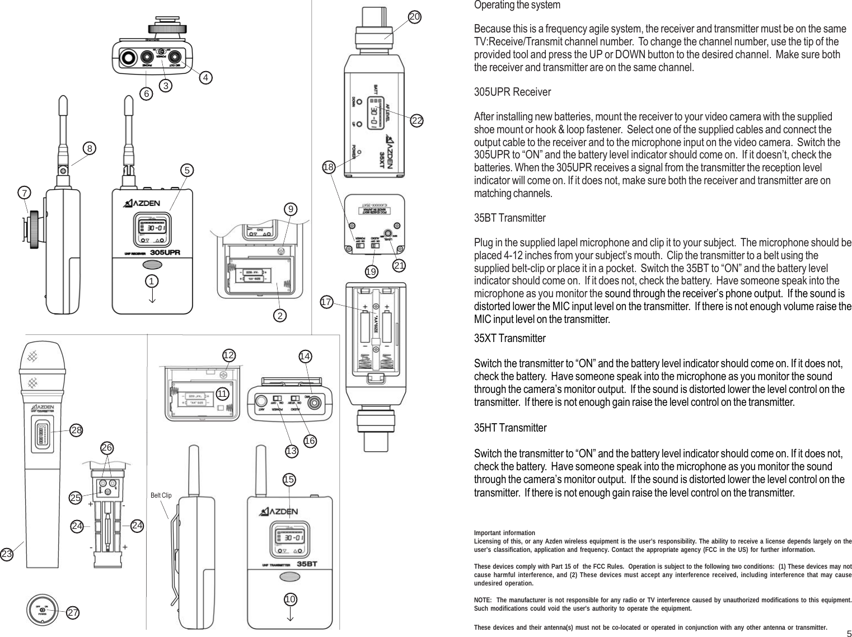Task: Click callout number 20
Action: (x=414, y=17)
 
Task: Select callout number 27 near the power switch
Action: (x=73, y=612)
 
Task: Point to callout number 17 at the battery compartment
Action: (x=326, y=302)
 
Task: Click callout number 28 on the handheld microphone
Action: (x=77, y=430)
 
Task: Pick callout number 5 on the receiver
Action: (x=188, y=170)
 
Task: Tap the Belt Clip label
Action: (x=161, y=495)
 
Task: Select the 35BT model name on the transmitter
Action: (x=307, y=564)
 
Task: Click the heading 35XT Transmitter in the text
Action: (x=509, y=338)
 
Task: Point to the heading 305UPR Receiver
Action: (x=512, y=92)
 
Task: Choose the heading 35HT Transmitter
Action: (x=510, y=428)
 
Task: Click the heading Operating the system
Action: (x=517, y=5)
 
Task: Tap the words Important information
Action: (x=504, y=533)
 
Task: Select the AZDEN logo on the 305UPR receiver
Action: (x=142, y=203)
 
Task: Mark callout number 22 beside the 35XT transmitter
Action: (x=416, y=120)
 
